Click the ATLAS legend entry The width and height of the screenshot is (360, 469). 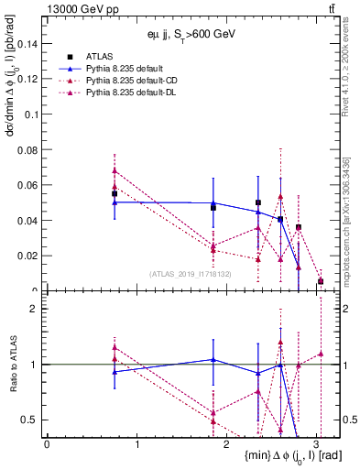coord(99,56)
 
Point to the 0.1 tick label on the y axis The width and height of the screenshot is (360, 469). coord(33,115)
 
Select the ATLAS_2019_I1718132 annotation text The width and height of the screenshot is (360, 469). coord(191,273)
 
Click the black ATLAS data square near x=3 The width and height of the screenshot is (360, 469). coord(321,281)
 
